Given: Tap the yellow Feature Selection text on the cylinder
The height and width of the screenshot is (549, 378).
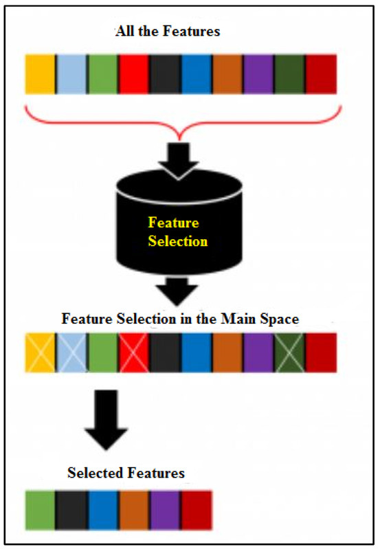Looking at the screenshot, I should point(177,232).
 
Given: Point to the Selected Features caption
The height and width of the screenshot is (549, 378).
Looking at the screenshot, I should point(126,473).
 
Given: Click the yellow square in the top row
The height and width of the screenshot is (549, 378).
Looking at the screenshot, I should point(41,74).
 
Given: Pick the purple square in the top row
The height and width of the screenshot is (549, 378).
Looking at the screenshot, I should point(259,74).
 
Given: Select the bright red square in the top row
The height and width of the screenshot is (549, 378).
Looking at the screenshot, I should point(134,74).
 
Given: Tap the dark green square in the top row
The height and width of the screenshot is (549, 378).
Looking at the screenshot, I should point(290,74).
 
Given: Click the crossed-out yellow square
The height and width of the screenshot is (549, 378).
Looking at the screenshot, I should point(41,352).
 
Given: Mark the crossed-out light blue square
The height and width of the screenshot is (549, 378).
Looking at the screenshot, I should point(71,352).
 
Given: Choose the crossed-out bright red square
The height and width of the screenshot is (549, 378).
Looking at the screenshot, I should point(134,352).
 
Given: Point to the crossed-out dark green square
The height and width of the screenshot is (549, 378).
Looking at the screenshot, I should point(290,352).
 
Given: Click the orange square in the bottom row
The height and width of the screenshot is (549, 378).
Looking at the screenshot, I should point(134,509).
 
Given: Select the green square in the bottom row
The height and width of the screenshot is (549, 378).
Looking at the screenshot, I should point(41,509).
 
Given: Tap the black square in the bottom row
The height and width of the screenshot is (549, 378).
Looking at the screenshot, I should point(71,509).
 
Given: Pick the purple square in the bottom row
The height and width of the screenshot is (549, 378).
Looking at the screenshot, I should point(166,509).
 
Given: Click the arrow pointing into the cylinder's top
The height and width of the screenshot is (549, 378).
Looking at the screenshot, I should point(177,156).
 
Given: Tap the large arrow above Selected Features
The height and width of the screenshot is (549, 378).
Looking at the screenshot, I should point(106,419).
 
